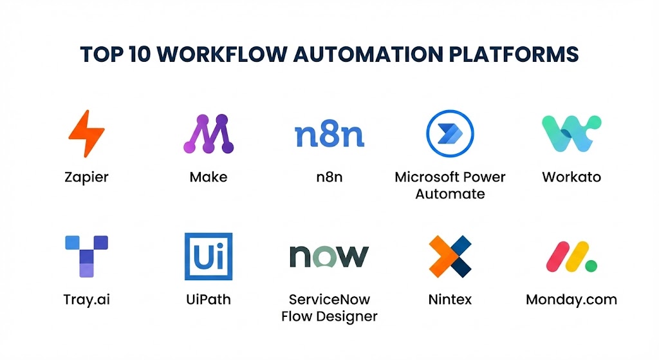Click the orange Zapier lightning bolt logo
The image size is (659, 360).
pos(86,134)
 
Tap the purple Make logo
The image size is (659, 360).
pos(208,134)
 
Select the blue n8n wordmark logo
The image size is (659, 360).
pos(329,135)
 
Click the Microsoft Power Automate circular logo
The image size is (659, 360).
pos(450,133)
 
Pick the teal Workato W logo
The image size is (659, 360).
pos(571,133)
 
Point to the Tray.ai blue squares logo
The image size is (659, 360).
pos(86,256)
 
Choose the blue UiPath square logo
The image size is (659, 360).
pos(208,256)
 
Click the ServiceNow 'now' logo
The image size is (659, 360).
pos(329,256)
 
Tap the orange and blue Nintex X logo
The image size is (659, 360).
pos(450,256)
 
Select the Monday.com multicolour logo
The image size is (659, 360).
pos(571,256)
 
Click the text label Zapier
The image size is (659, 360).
pos(86,177)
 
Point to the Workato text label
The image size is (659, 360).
pos(571,177)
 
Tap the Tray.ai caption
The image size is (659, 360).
pos(86,299)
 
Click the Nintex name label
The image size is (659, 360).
pos(450,299)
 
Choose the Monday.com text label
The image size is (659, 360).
pos(571,299)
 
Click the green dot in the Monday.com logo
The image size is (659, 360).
pos(591,265)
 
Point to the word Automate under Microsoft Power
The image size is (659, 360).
pos(450,194)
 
